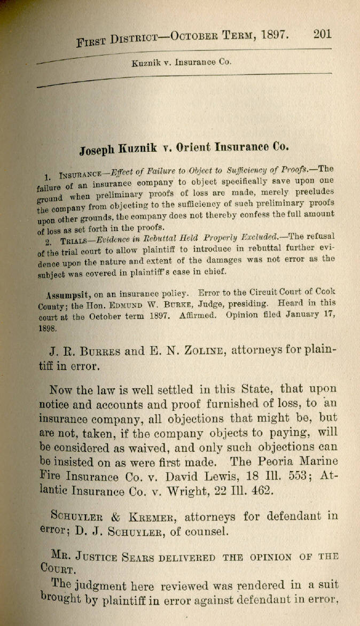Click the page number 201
coord(323,34)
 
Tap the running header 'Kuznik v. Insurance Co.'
coord(181,62)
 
